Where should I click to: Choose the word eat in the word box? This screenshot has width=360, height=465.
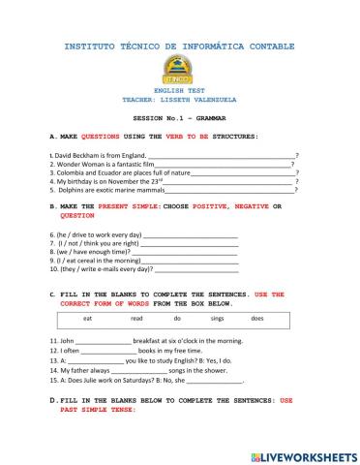pyautogui.click(x=88, y=318)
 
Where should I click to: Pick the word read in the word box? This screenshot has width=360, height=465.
pyautogui.click(x=136, y=318)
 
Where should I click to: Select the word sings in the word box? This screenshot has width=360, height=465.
pyautogui.click(x=217, y=318)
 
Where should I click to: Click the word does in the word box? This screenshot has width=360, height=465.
pyautogui.click(x=257, y=318)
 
